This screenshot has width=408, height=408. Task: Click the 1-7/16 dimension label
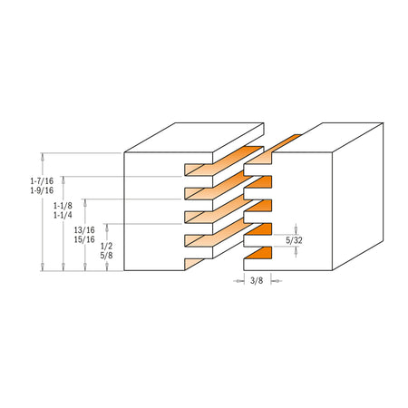coord(42,180)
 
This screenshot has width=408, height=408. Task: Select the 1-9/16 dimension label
coord(42,190)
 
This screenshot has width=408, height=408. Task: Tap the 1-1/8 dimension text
coord(63,206)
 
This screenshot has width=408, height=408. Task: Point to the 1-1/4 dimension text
coord(63,215)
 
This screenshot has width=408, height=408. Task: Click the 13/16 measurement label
coord(84,230)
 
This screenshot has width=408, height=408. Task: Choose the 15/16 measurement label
coord(84,239)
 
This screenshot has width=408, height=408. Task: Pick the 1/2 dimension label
coord(106,246)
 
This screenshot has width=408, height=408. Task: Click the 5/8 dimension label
coord(106,256)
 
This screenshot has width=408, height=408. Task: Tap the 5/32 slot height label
coord(294,240)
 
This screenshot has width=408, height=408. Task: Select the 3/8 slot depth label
coord(257,281)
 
